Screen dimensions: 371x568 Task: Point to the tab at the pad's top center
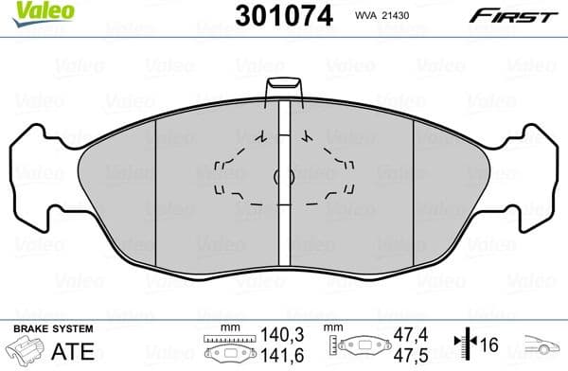(283, 89)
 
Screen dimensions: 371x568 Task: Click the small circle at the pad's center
(280, 176)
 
